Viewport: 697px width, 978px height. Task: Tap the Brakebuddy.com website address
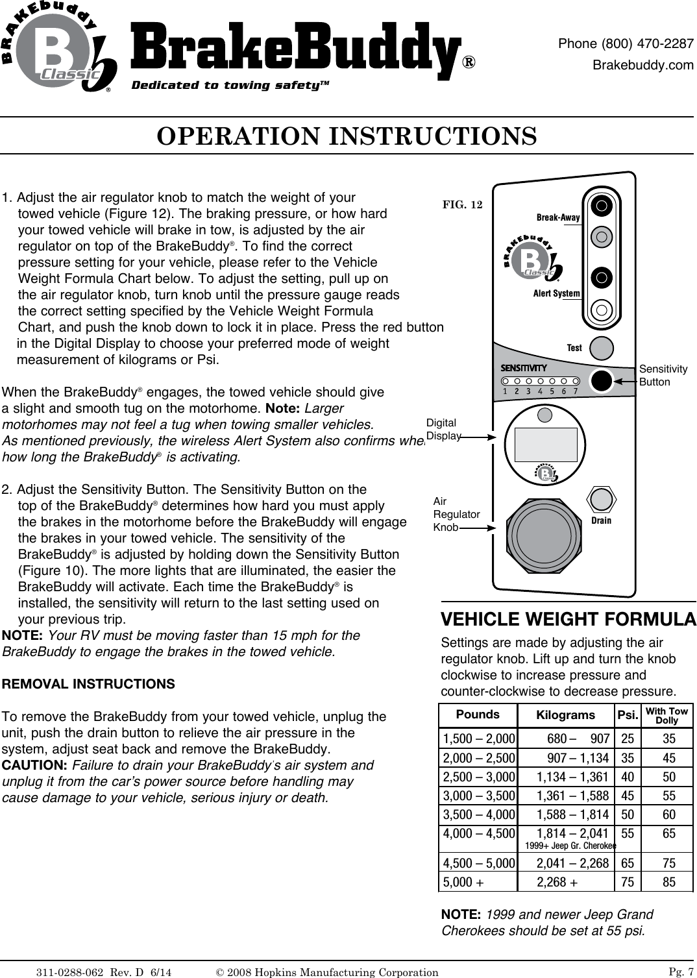pyautogui.click(x=643, y=65)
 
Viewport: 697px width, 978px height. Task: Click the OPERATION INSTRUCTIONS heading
pyautogui.click(x=347, y=136)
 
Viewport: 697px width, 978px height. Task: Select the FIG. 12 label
pyautogui.click(x=462, y=205)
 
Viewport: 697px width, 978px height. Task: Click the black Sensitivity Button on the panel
pyautogui.click(x=602, y=380)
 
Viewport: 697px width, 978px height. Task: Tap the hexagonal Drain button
pyautogui.click(x=601, y=500)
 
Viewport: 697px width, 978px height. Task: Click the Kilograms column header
pyautogui.click(x=565, y=715)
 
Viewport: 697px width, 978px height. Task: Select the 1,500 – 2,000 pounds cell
pyautogui.click(x=479, y=739)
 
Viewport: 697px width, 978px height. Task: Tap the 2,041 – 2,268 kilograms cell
pyautogui.click(x=572, y=864)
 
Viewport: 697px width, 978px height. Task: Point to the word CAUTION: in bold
pyautogui.click(x=36, y=765)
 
